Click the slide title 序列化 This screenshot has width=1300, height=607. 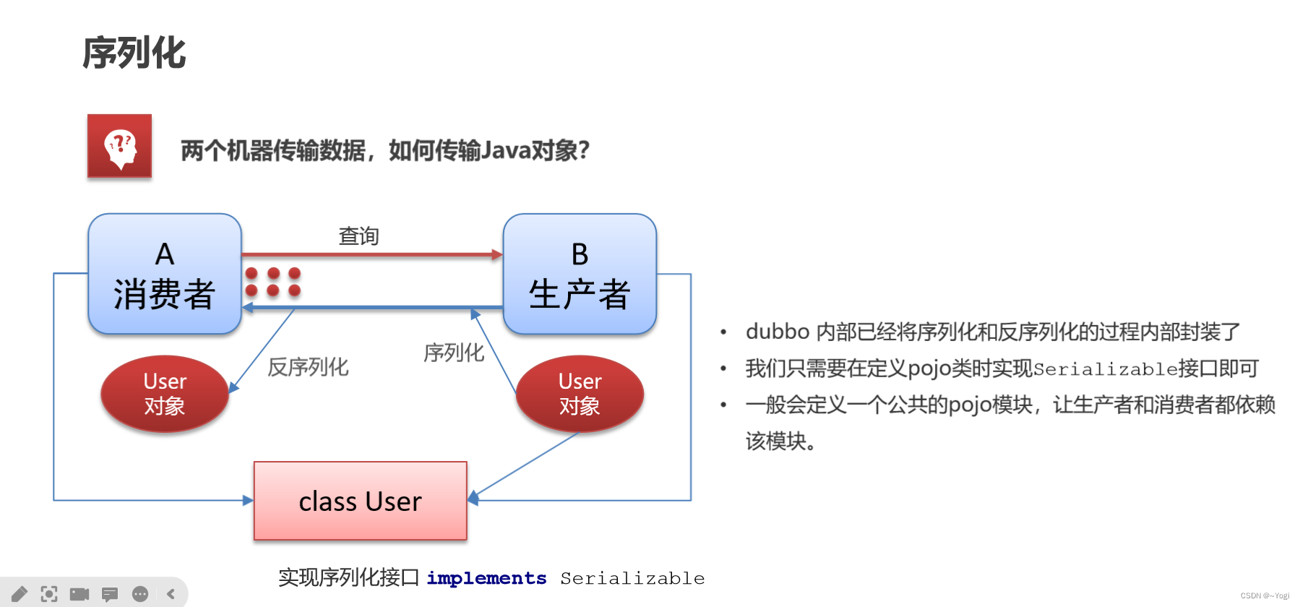pyautogui.click(x=134, y=53)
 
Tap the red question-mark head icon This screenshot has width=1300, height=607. pyautogui.click(x=120, y=146)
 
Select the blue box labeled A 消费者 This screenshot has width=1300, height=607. pyautogui.click(x=165, y=275)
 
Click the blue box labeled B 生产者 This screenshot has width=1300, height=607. pyautogui.click(x=580, y=275)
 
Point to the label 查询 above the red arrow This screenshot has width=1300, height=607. pyautogui.click(x=358, y=236)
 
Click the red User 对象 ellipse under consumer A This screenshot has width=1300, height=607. pyautogui.click(x=165, y=394)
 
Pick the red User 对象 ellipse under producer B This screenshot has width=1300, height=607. pyautogui.click(x=580, y=394)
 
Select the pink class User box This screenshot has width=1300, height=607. pyautogui.click(x=361, y=501)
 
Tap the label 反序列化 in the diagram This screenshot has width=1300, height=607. pyautogui.click(x=308, y=367)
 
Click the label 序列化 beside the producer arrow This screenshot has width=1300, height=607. pyautogui.click(x=453, y=353)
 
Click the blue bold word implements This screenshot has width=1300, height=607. pyautogui.click(x=486, y=578)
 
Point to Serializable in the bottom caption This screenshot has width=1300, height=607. pyautogui.click(x=632, y=578)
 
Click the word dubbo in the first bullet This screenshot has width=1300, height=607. pyautogui.click(x=777, y=332)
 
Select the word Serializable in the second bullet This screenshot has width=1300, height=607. pyautogui.click(x=1106, y=369)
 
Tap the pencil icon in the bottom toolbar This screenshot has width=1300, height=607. pyautogui.click(x=20, y=594)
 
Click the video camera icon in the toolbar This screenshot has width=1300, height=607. pyautogui.click(x=79, y=594)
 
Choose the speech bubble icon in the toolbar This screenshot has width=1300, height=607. pyautogui.click(x=110, y=594)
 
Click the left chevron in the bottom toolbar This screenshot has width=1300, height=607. pyautogui.click(x=171, y=594)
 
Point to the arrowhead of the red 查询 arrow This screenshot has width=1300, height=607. pyautogui.click(x=497, y=254)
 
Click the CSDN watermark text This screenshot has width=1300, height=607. pyautogui.click(x=1265, y=596)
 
